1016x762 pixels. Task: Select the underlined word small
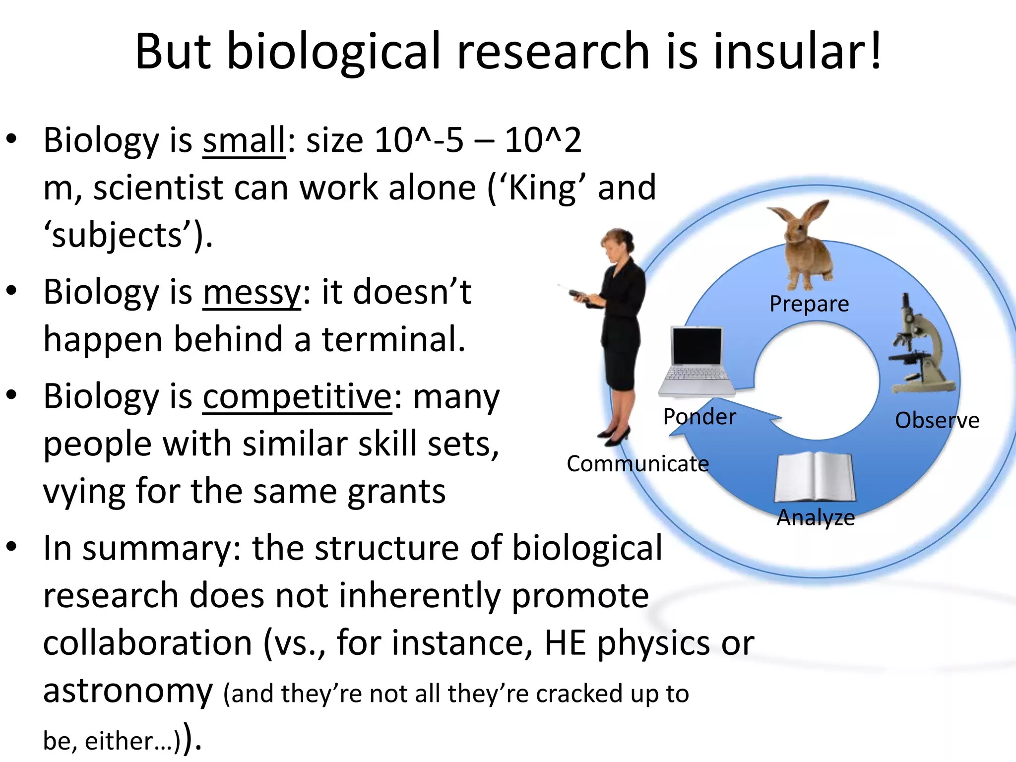point(244,141)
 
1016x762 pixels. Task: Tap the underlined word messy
point(252,293)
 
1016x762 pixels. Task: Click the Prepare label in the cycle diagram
point(809,304)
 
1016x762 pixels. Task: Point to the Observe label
point(937,421)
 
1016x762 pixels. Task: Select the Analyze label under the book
point(816,518)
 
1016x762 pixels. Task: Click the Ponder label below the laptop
point(699,417)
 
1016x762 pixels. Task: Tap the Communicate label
point(637,464)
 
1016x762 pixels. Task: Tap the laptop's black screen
point(696,347)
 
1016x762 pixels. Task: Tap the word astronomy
point(128,692)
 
